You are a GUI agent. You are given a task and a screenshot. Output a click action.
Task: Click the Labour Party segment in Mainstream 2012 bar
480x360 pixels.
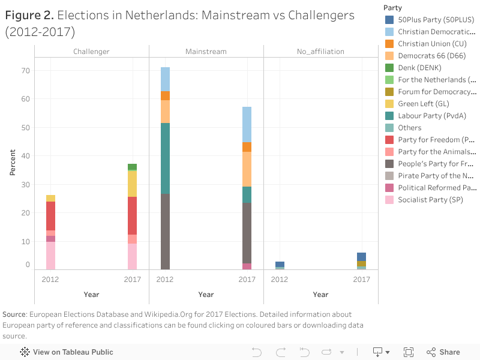tap(165, 158)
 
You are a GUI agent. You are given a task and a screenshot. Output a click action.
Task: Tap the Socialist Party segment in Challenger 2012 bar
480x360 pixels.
tap(50, 255)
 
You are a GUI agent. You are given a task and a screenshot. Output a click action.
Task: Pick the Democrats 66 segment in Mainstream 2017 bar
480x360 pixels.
tap(247, 169)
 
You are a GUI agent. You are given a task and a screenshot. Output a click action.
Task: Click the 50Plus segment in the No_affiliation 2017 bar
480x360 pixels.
tap(361, 257)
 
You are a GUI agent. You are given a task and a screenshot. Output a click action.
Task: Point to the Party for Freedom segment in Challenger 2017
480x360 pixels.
tap(132, 215)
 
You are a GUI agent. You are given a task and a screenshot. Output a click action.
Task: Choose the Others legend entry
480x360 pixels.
tap(410, 128)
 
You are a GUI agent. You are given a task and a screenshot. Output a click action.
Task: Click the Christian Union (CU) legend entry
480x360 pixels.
tap(432, 44)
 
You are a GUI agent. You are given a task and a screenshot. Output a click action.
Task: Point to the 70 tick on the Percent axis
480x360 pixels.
tap(25, 70)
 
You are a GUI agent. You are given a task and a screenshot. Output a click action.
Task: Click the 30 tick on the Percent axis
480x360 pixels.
tap(25, 184)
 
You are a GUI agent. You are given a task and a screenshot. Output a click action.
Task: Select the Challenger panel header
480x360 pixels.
tap(91, 52)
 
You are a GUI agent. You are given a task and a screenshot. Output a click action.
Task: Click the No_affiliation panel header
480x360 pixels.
tap(320, 52)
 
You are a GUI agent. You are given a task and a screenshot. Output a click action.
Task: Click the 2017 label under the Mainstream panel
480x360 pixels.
tap(247, 280)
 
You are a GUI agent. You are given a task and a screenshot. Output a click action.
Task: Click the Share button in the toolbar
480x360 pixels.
tap(443, 352)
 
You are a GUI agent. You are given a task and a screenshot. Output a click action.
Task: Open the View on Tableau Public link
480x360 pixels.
tap(67, 352)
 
